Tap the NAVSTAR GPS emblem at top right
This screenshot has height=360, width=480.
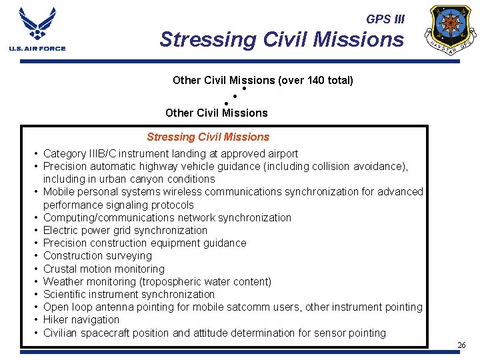(453, 29)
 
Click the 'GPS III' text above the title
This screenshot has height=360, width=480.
(385, 19)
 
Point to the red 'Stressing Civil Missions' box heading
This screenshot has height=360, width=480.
(208, 137)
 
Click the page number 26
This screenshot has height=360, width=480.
(461, 345)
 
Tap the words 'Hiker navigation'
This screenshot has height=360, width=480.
(81, 320)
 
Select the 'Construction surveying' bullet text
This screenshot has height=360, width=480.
(97, 256)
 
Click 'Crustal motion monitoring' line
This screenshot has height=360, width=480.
(103, 269)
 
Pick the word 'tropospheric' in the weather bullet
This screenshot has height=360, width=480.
(177, 281)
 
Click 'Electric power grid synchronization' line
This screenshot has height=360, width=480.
(125, 231)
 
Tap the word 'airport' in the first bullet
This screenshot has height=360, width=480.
(281, 153)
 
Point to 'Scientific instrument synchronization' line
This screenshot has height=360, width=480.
(129, 295)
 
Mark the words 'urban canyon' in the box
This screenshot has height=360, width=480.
(135, 179)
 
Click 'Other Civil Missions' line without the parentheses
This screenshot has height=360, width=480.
(216, 113)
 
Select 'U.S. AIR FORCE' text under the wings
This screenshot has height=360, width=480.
(37, 49)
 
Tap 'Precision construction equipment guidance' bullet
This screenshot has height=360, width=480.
(145, 243)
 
